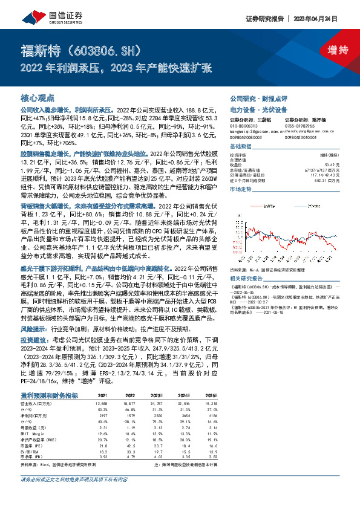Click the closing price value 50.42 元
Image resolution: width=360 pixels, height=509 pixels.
click(334, 164)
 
